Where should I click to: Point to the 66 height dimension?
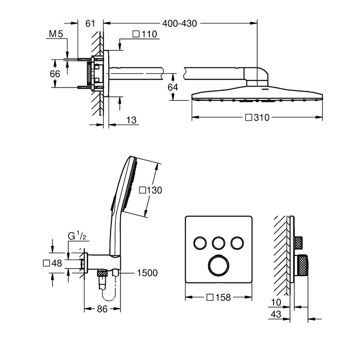tap(55, 73)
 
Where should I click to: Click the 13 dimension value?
tap(132, 120)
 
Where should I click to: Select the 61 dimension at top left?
tap(90, 24)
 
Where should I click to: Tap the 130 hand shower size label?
tap(151, 190)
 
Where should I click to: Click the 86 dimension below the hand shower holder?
tap(102, 309)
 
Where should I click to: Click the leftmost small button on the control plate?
tap(199, 243)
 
